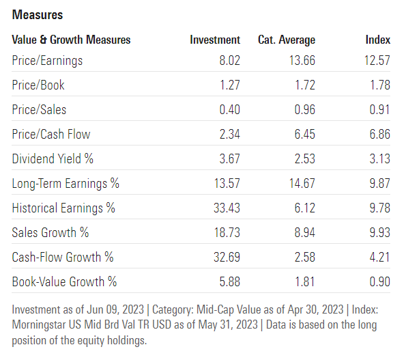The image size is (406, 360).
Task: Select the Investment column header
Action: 215,40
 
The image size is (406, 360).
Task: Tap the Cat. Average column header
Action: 287,40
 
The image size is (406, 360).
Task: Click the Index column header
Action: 378,40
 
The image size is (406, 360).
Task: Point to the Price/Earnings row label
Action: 47,61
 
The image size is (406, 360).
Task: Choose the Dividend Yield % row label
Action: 53,159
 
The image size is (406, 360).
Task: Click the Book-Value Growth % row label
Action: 64,281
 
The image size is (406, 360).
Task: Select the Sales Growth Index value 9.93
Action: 379,233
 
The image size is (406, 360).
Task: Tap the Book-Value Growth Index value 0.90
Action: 379,281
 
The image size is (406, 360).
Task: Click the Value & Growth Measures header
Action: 71,40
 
